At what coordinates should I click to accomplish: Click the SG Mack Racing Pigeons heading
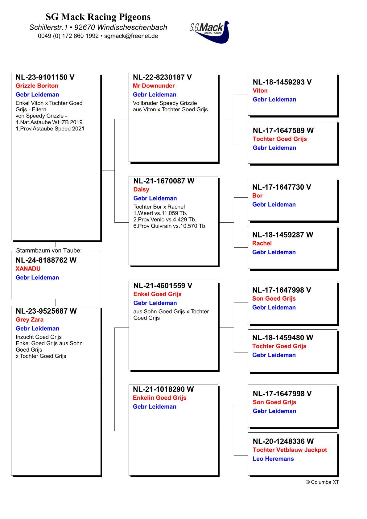tap(98, 17)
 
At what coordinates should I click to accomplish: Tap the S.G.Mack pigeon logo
tap(210, 32)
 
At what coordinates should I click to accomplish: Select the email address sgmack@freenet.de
tap(131, 36)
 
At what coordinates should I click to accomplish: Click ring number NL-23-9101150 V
tap(45, 77)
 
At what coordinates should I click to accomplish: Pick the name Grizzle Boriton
tap(37, 86)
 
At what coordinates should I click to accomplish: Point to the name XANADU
tap(28, 269)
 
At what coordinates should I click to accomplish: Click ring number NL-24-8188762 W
tap(46, 260)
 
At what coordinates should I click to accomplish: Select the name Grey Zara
tap(30, 320)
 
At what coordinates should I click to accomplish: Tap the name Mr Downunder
tap(154, 86)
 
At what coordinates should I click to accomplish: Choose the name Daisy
tap(141, 190)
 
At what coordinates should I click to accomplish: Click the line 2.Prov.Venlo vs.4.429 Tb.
tap(165, 220)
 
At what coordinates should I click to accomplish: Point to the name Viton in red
tap(260, 91)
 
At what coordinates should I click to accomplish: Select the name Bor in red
tap(257, 196)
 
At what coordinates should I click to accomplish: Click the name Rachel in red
tap(262, 243)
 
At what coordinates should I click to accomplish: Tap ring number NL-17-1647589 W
tap(283, 130)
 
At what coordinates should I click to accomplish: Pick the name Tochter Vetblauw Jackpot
tap(290, 450)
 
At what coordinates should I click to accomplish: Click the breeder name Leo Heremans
tap(273, 459)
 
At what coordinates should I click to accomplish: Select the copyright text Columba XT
tap(322, 482)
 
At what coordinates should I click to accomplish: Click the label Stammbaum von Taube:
tap(49, 251)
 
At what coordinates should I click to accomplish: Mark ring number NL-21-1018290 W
tap(163, 389)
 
